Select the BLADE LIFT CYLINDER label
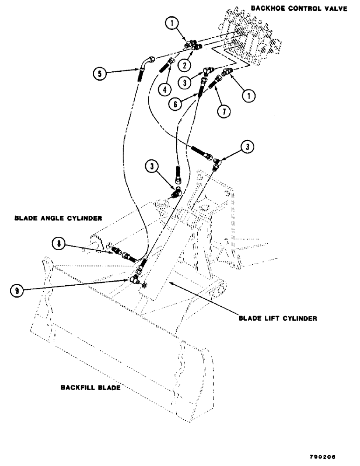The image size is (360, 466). tap(278, 320)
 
